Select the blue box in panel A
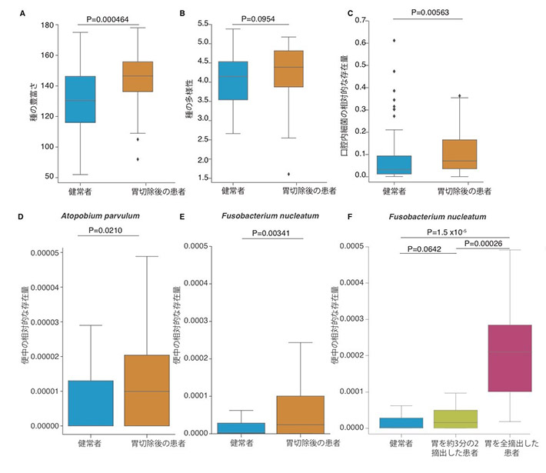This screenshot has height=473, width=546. (81, 99)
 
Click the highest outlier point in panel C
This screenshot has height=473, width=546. (395, 40)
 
